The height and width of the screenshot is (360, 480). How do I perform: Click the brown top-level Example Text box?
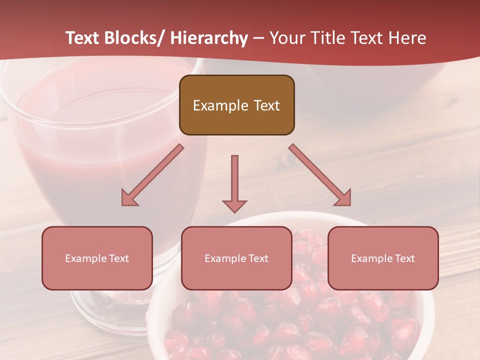click(236, 105)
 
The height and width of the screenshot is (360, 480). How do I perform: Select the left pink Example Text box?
click(97, 258)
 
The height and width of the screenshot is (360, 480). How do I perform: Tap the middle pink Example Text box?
click(236, 258)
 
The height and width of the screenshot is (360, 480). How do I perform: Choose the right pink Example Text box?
click(383, 258)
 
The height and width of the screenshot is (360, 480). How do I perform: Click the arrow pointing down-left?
click(152, 175)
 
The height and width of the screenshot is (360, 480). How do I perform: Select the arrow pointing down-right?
click(320, 175)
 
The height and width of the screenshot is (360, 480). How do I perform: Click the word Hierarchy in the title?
click(209, 38)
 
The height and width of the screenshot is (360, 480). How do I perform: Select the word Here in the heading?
click(407, 38)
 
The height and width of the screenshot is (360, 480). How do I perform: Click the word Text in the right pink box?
click(404, 258)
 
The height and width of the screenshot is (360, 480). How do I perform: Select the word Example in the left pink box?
click(85, 258)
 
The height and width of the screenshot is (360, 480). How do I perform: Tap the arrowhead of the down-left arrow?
click(128, 198)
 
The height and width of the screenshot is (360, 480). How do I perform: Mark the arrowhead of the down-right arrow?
click(344, 198)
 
